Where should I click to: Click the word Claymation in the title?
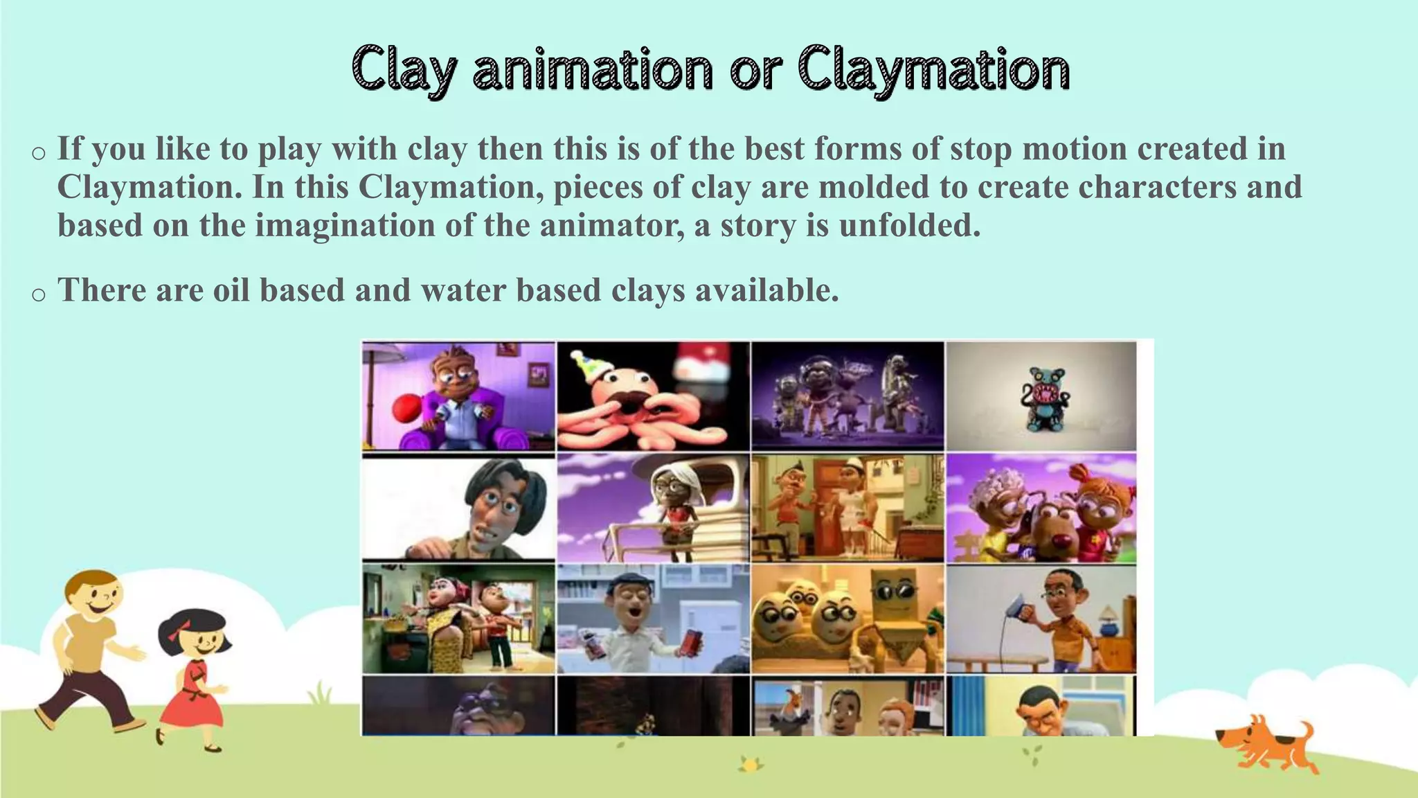[933, 71]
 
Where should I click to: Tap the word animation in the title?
[593, 71]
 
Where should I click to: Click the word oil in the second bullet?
[230, 290]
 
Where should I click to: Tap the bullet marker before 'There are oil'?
[39, 294]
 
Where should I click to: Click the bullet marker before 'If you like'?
[39, 153]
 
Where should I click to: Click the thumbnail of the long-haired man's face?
[458, 508]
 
